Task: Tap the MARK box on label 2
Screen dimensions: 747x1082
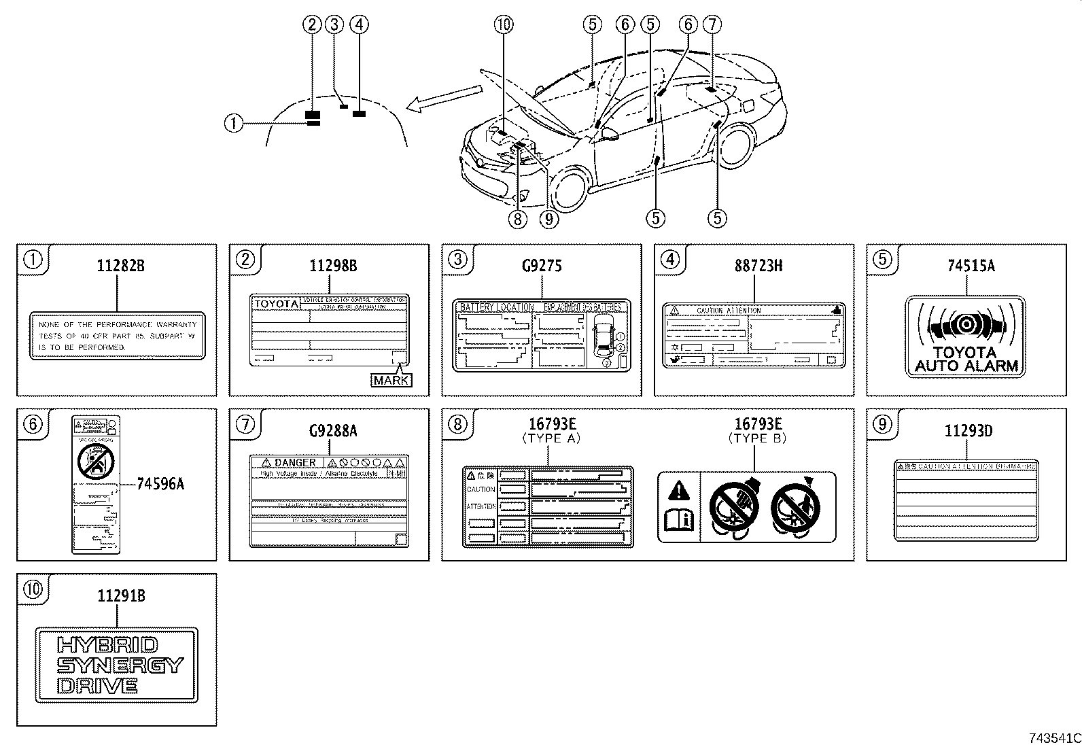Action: tap(391, 380)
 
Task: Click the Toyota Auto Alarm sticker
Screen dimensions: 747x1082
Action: tap(965, 336)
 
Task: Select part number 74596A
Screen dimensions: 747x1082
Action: tap(160, 484)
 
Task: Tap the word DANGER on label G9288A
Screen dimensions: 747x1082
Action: tap(294, 463)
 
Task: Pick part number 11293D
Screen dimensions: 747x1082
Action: tap(968, 431)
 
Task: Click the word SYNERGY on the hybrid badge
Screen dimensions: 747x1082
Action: tap(120, 665)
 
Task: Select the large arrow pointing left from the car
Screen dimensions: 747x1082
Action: tap(445, 96)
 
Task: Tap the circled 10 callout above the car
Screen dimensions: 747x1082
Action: tap(503, 24)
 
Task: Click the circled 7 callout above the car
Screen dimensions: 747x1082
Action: tap(711, 24)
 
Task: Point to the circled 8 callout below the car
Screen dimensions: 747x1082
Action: tap(518, 218)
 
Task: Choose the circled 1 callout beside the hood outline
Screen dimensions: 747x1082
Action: tap(233, 123)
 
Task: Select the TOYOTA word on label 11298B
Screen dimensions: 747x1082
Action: tap(276, 304)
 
